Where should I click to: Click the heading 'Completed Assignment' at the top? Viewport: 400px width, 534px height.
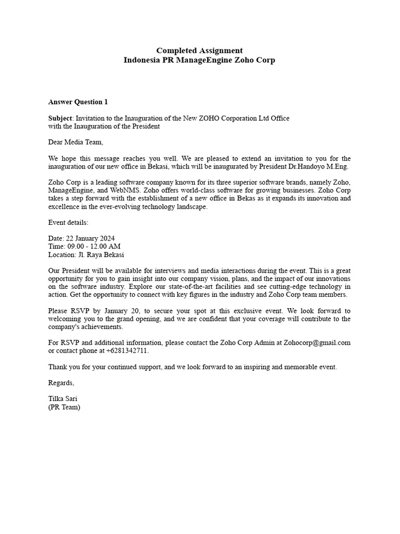199,51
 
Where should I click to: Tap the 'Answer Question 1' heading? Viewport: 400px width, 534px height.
78,102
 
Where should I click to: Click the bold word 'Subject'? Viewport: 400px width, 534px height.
60,118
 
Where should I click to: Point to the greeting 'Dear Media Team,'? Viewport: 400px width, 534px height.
76,142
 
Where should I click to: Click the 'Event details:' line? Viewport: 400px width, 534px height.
68,223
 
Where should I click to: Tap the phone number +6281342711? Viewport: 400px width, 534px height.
127,351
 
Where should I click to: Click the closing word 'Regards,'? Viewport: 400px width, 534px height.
61,383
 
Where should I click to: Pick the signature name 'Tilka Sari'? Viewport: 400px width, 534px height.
63,399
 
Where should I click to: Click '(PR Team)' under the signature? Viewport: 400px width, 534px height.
65,407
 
